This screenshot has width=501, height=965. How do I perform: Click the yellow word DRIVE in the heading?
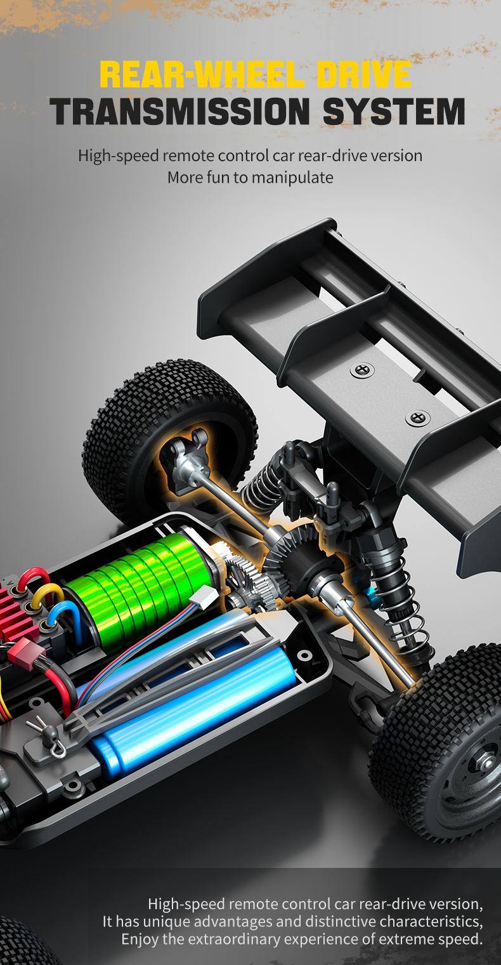(364, 74)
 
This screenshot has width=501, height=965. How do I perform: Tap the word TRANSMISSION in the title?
(179, 111)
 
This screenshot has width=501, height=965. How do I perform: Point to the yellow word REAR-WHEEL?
(202, 74)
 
